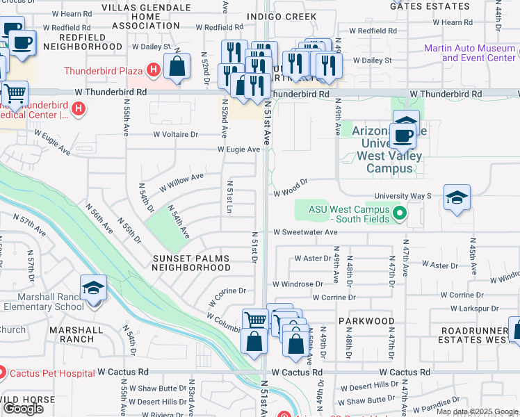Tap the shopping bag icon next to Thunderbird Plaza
[x=178, y=67]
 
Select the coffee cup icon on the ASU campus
[x=403, y=134]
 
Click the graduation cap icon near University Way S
[x=457, y=198]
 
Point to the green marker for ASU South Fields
[x=399, y=213]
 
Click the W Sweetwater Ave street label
[x=304, y=232]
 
